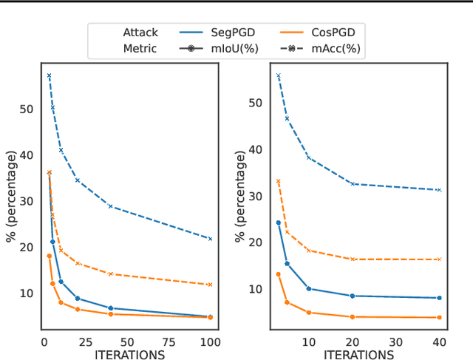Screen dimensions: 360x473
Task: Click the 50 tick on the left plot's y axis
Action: (x=27, y=109)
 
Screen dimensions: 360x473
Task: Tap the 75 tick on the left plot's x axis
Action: (x=169, y=342)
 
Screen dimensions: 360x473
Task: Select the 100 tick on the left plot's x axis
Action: (x=210, y=342)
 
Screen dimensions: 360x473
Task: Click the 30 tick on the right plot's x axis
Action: (x=395, y=342)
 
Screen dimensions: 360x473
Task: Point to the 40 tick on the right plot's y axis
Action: (x=255, y=149)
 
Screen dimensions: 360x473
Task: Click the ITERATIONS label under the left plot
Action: (x=129, y=355)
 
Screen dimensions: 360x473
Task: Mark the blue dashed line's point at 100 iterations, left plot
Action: (x=211, y=239)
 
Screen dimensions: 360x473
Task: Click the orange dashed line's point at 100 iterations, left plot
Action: (x=211, y=285)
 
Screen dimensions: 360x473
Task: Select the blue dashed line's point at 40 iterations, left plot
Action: (x=110, y=206)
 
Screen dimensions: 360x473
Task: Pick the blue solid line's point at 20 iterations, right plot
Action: (x=352, y=296)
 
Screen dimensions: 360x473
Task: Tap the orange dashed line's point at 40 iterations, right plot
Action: (x=439, y=259)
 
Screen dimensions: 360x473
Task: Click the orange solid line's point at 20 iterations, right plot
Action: (x=352, y=317)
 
